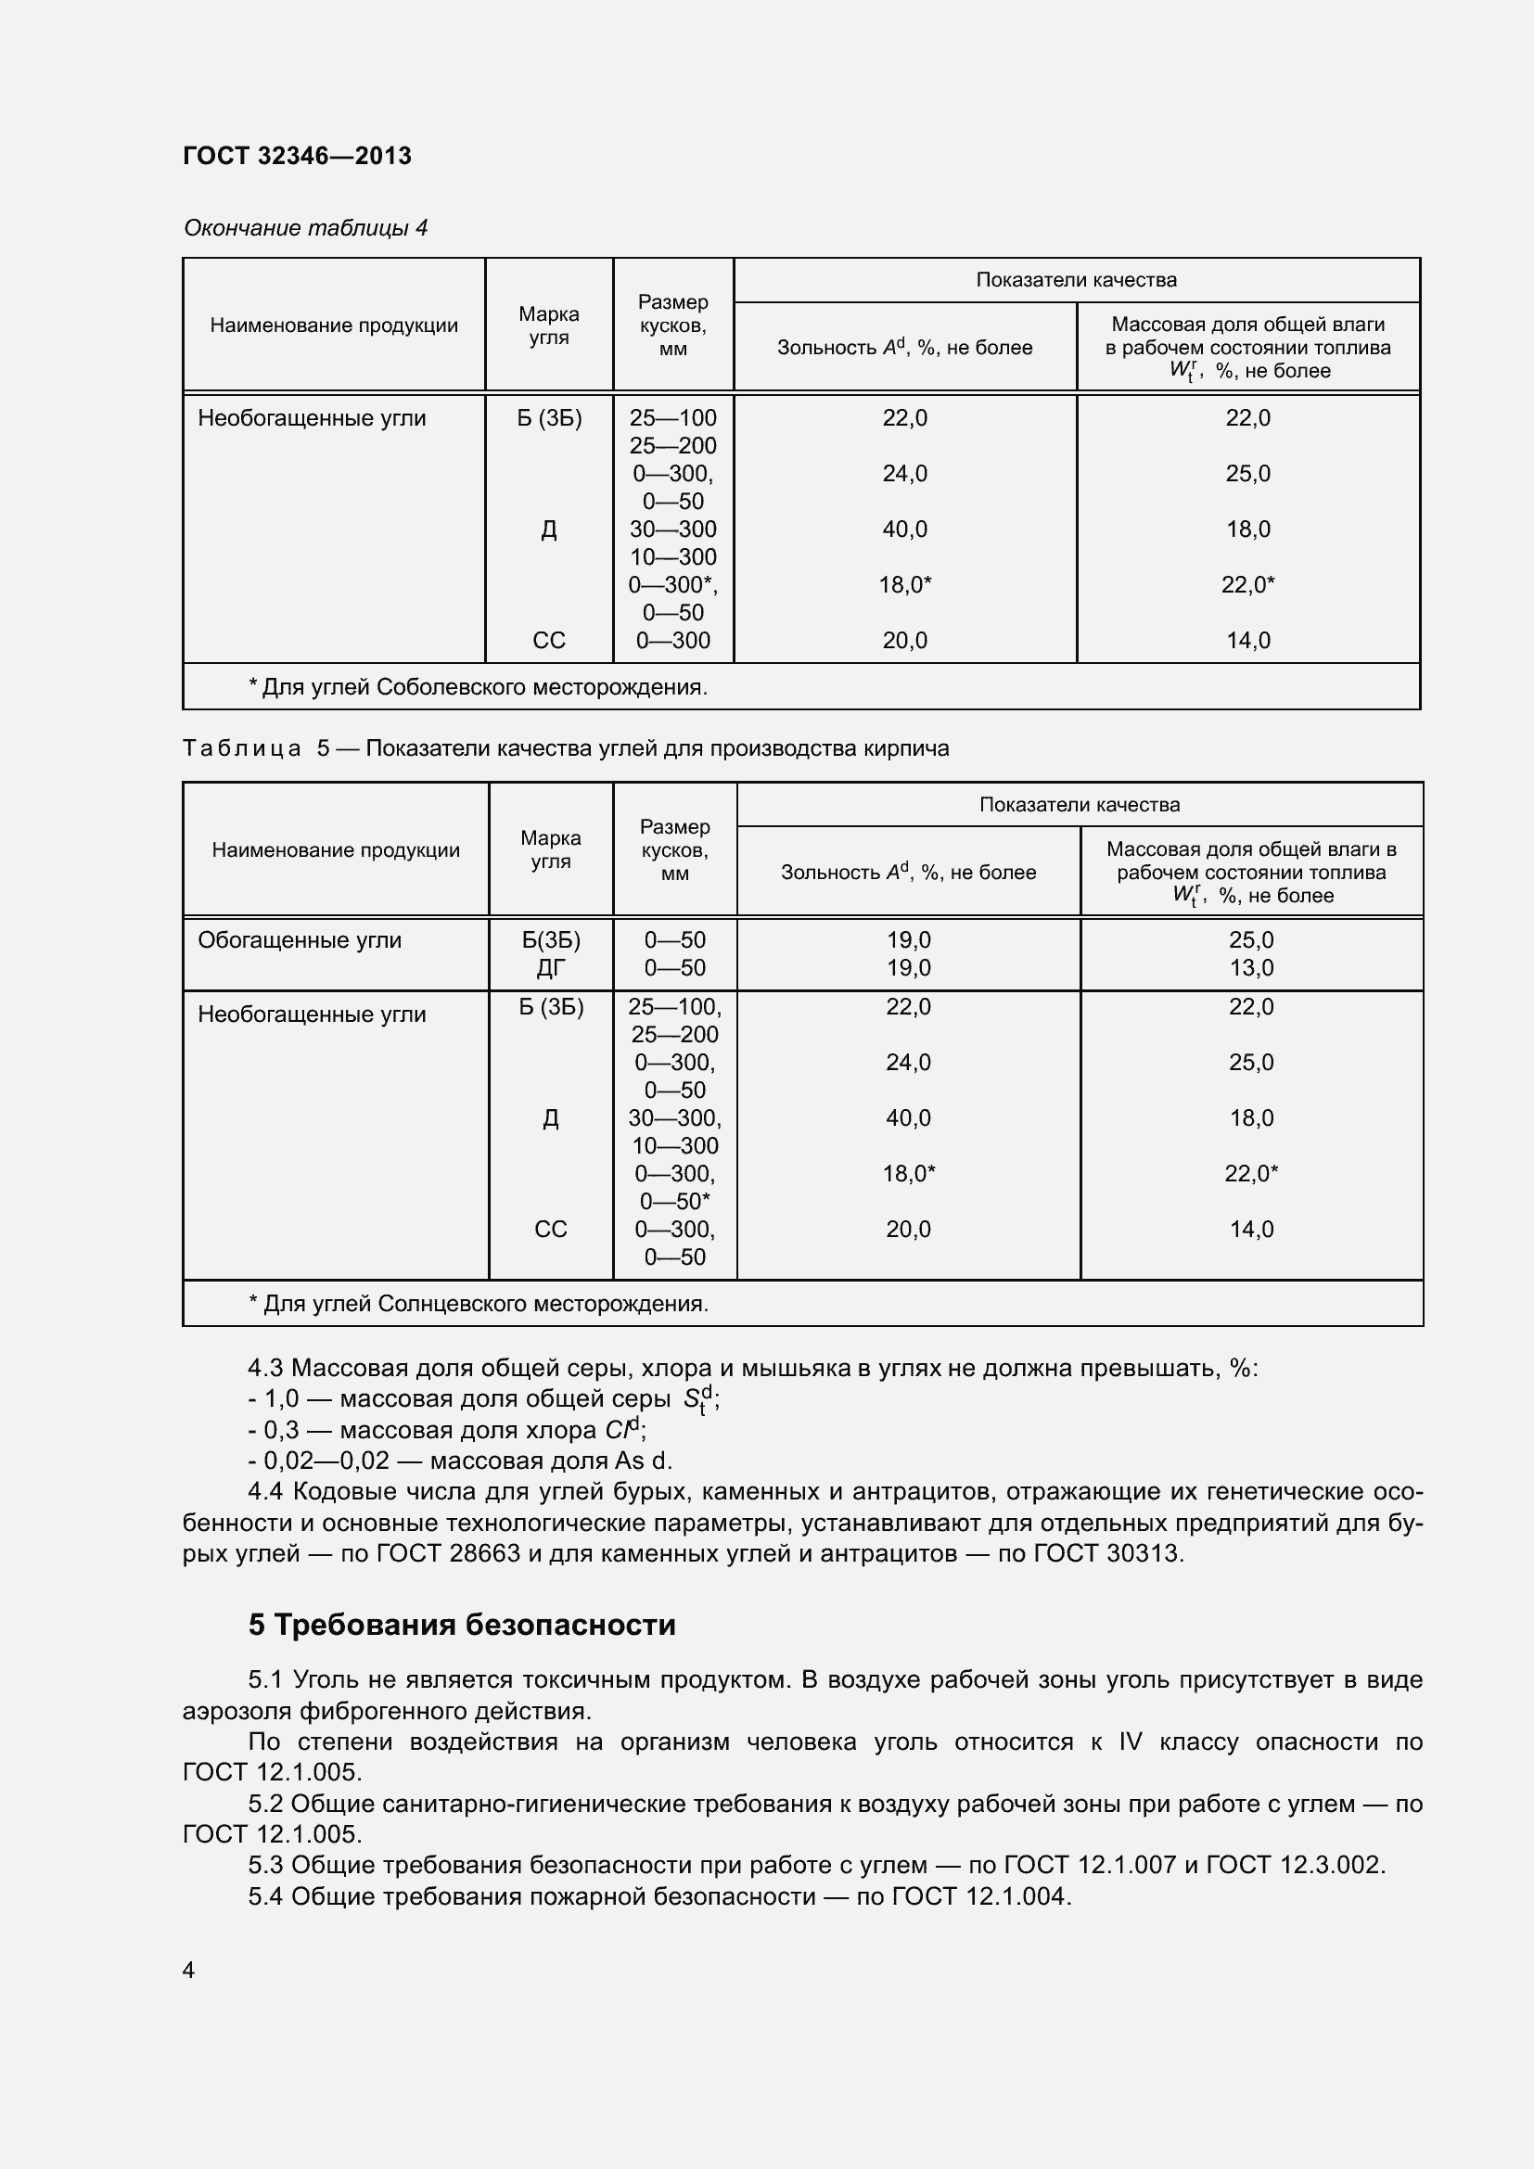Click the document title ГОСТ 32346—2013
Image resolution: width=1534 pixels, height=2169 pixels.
coord(297,156)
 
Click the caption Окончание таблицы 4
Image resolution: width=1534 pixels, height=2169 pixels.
coord(305,228)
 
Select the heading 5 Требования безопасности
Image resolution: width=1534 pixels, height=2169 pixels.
coord(462,1625)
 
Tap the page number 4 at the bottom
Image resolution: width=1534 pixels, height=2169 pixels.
coord(189,1970)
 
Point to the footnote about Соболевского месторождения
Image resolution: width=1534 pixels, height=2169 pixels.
coord(477,687)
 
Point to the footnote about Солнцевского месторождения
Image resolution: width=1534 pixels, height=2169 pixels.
coord(478,1304)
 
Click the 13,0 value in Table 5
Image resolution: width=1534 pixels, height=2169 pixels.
coord(1250,967)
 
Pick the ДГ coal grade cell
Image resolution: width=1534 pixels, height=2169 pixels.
coord(551,967)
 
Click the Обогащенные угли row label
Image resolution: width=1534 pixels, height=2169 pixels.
coord(300,940)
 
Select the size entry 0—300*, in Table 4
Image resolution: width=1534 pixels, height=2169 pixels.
coord(672,585)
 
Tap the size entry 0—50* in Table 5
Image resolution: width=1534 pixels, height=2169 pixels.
coord(674,1202)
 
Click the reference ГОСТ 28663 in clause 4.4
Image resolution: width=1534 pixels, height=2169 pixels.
coord(448,1553)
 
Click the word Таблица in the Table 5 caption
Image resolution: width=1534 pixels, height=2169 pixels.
coord(242,748)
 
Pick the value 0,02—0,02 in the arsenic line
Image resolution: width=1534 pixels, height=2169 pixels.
coord(326,1461)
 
